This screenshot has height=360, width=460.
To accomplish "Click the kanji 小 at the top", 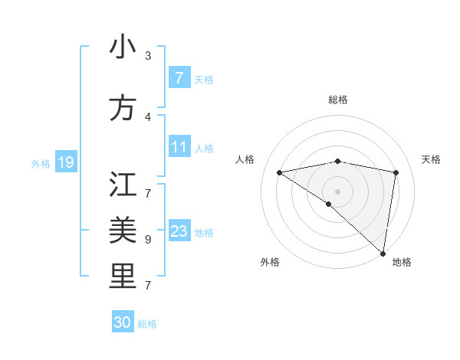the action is (123, 47).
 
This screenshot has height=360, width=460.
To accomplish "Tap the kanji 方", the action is (123, 108).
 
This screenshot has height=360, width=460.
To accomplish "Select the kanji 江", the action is (123, 185).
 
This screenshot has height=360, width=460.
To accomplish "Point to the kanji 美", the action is (123, 231).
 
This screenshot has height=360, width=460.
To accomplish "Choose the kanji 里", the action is (123, 277).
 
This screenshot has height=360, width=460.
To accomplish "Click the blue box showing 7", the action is (179, 78).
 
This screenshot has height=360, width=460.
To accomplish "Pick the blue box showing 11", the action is (179, 147).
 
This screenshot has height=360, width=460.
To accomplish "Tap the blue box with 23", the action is (179, 231).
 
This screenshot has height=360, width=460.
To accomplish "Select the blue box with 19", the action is (65, 162).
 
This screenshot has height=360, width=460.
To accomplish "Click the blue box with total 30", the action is (123, 322).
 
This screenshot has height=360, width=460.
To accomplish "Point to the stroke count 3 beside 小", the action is (148, 56).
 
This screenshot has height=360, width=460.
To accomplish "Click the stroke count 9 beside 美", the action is (148, 239).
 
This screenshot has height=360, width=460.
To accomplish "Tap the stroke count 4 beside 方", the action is (148, 116).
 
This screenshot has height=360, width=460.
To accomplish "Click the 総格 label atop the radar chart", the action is (337, 100).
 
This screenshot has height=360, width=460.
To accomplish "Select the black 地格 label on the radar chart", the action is (402, 263).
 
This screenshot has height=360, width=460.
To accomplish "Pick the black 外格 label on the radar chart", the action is (270, 263).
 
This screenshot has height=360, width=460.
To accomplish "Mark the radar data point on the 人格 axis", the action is (279, 172).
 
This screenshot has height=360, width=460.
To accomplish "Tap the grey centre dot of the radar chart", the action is (337, 190).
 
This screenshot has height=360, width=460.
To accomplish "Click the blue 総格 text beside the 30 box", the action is (147, 324).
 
